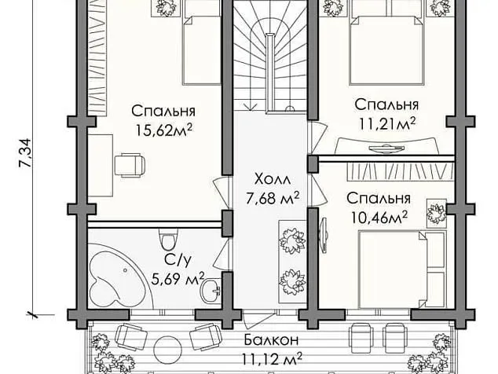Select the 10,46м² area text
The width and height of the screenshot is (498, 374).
[378, 214]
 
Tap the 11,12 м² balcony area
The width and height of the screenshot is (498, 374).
[272, 360]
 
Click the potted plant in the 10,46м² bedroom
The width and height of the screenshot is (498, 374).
[434, 211]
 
